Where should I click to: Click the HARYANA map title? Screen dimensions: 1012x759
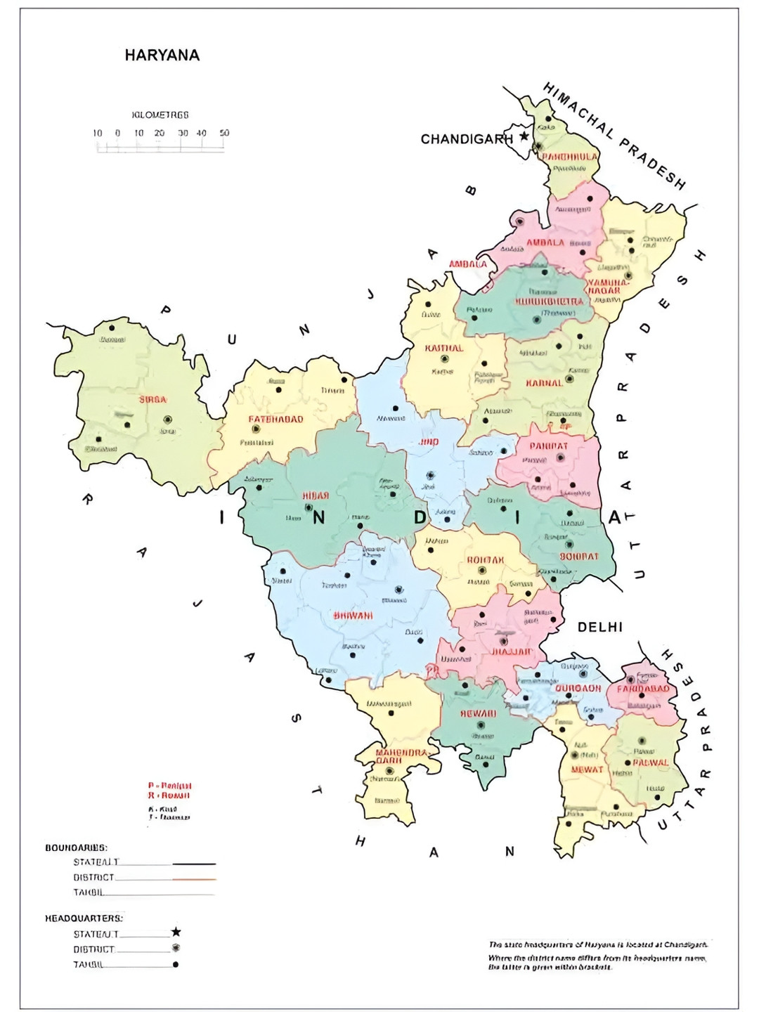click(162, 56)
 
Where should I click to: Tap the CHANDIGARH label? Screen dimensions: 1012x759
click(466, 139)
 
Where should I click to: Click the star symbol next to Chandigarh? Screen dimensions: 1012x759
click(524, 136)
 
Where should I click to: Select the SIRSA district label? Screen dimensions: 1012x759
click(153, 400)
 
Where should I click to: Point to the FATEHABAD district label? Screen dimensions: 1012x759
click(275, 420)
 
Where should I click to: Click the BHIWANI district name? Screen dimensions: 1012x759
click(353, 616)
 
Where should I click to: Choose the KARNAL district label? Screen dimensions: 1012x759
click(545, 384)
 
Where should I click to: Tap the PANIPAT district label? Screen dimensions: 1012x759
click(548, 446)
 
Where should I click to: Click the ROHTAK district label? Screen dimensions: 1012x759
click(485, 560)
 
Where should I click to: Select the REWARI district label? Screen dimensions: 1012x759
click(478, 714)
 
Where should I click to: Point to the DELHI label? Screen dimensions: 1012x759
click(599, 627)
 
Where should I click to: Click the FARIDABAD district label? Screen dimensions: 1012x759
click(643, 689)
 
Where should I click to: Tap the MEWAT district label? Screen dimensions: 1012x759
click(587, 770)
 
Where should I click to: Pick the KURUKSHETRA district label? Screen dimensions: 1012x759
click(549, 301)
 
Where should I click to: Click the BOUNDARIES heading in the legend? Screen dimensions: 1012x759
click(76, 848)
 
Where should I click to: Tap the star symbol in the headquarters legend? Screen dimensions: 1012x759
click(176, 932)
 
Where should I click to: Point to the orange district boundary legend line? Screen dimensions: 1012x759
click(193, 878)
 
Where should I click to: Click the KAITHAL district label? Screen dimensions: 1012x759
click(443, 349)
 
